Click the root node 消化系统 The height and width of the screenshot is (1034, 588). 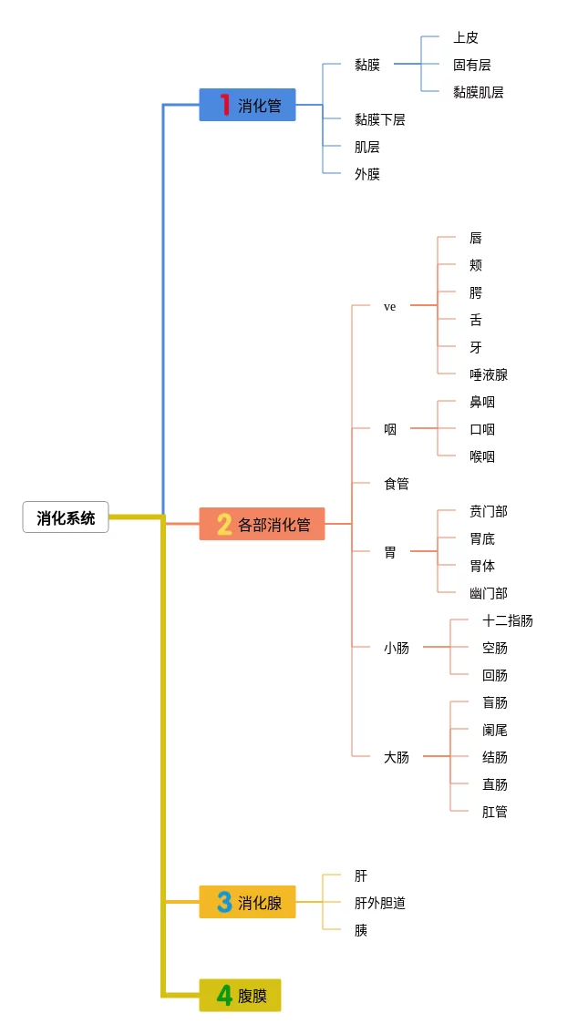pyautogui.click(x=66, y=517)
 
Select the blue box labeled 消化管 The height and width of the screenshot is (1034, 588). pyautogui.click(x=248, y=106)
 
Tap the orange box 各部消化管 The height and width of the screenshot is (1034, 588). pyautogui.click(x=262, y=525)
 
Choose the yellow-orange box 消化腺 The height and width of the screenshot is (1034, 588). pyautogui.click(x=248, y=903)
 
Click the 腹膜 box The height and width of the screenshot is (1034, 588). pyautogui.click(x=241, y=996)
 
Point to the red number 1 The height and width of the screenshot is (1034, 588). pyautogui.click(x=224, y=106)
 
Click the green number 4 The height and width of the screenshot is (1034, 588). pyautogui.click(x=224, y=996)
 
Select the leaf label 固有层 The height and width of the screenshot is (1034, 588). pyautogui.click(x=471, y=65)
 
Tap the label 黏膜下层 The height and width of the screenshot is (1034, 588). pyautogui.click(x=379, y=119)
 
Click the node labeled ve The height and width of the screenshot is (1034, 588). pyautogui.click(x=389, y=307)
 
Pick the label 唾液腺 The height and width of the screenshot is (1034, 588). pyautogui.click(x=488, y=374)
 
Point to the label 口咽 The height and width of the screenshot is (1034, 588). pyautogui.click(x=481, y=429)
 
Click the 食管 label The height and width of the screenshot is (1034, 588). pyautogui.click(x=396, y=484)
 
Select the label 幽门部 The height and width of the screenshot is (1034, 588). pyautogui.click(x=488, y=593)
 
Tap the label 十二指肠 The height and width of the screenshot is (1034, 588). pyautogui.click(x=507, y=620)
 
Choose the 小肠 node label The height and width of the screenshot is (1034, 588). pyautogui.click(x=396, y=648)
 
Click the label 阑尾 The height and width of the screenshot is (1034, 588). pyautogui.click(x=494, y=730)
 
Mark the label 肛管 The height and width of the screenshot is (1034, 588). pyautogui.click(x=494, y=812)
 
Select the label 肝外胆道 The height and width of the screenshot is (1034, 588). pyautogui.click(x=379, y=903)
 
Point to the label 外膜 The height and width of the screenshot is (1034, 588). pyautogui.click(x=366, y=174)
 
